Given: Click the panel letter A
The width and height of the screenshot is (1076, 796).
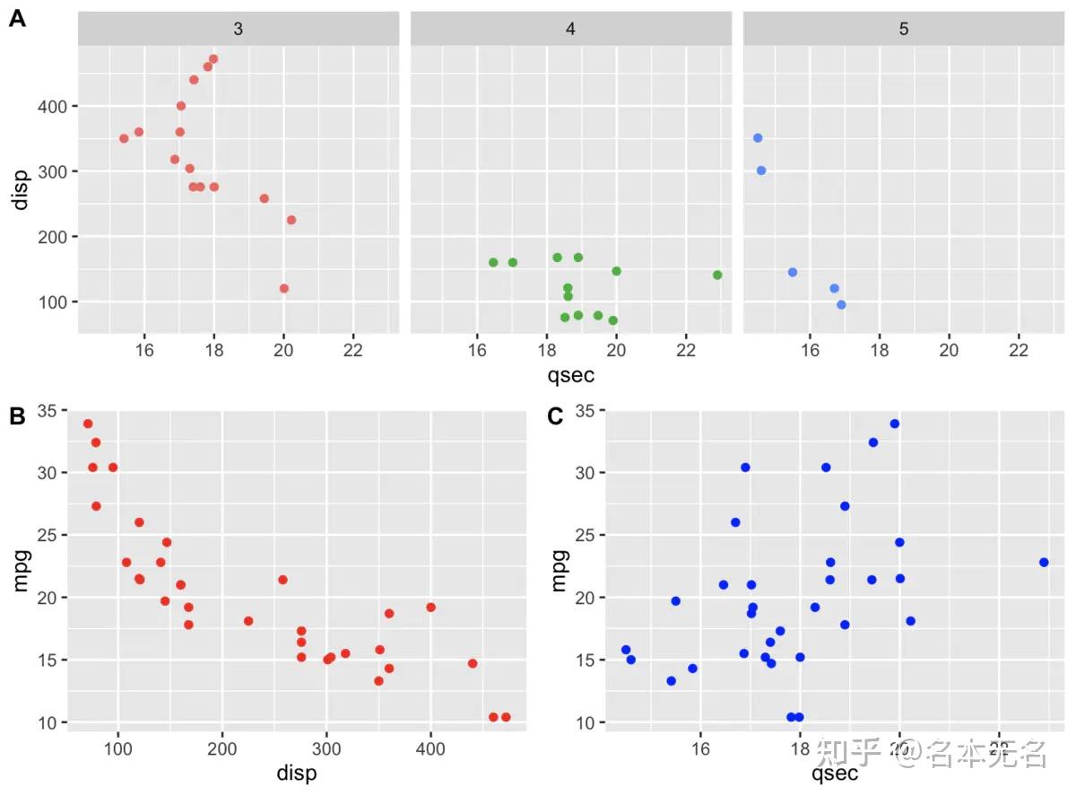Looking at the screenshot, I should coord(16,19).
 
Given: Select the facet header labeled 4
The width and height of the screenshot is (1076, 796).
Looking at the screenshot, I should coord(570,29).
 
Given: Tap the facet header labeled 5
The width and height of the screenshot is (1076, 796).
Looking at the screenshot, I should coord(903,29).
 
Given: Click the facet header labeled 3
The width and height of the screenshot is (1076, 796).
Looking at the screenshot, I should coord(238,29).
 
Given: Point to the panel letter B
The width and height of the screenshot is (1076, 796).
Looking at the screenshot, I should coord(16,416).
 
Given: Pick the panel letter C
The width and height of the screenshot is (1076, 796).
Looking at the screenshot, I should coord(555,416).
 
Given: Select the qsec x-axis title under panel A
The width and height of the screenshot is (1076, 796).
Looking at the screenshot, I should coord(570,375).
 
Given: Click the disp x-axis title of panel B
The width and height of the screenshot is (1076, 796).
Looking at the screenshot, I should coord(297,773).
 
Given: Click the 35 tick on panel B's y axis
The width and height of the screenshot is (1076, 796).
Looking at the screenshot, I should coord(46,411).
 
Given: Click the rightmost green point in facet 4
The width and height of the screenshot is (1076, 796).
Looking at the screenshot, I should coord(717,275).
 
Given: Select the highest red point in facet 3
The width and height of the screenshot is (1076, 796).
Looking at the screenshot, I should coord(213,59).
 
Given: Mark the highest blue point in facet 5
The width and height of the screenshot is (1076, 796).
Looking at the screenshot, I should coord(758,138).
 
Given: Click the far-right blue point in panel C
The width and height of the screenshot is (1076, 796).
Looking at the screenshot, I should coord(1044,562).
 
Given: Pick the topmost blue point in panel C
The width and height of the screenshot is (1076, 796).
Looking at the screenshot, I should coord(894,424).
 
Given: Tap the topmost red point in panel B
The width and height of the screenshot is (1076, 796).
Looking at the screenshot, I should coord(88,424).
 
